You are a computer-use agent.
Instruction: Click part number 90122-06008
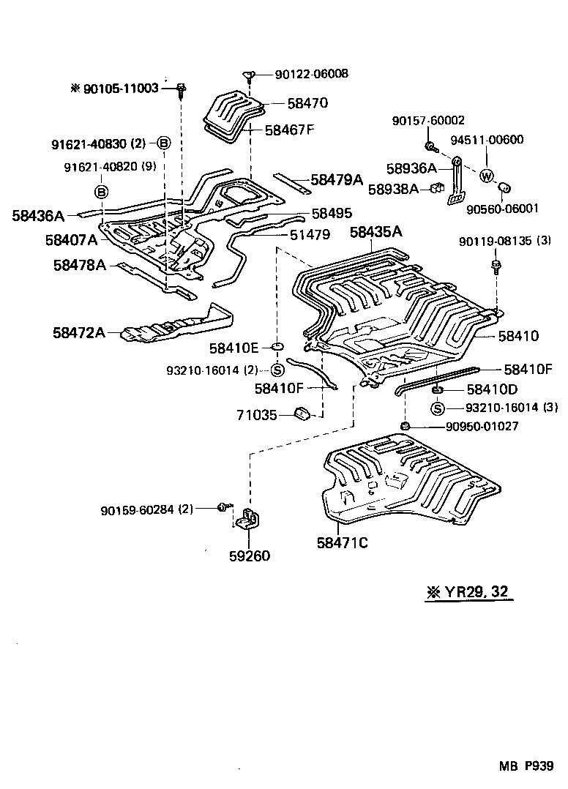tap(312, 74)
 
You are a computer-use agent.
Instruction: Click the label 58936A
tap(412, 168)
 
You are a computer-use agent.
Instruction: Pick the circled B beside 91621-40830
tap(164, 143)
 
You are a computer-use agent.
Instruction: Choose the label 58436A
tap(39, 216)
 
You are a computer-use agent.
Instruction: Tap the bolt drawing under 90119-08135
tap(496, 264)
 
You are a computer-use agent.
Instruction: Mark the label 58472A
tap(78, 332)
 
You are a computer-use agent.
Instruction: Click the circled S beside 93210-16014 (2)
tap(277, 370)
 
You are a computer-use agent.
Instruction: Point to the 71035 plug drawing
tap(302, 415)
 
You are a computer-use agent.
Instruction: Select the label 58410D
tap(492, 389)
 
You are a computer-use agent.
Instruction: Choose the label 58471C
tap(342, 543)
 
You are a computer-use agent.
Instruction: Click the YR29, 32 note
tap(468, 592)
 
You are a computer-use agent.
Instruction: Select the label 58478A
tap(79, 265)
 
